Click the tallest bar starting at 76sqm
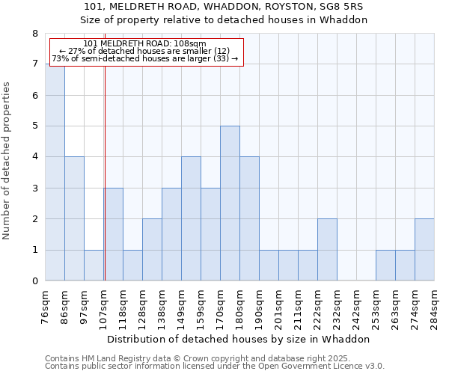pyautogui.click(x=55, y=172)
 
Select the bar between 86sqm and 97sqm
pyautogui.click(x=74, y=218)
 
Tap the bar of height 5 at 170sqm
pyautogui.click(x=230, y=203)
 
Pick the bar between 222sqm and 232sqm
pyautogui.click(x=327, y=250)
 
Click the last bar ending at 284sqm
pyautogui.click(x=424, y=250)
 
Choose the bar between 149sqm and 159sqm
pyautogui.click(x=191, y=218)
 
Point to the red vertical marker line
pyautogui.click(x=105, y=187)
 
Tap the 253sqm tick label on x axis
pyautogui.click(x=386, y=307)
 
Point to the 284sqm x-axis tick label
pyautogui.click(x=434, y=307)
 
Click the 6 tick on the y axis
pyautogui.click(x=34, y=95)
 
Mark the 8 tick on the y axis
pyautogui.click(x=34, y=34)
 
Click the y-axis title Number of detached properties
pyautogui.click(x=7, y=161)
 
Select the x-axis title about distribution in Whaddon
pyautogui.click(x=239, y=339)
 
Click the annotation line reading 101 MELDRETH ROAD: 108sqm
pyautogui.click(x=144, y=43)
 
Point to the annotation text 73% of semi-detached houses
pyautogui.click(x=144, y=58)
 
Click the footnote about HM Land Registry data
pyautogui.click(x=198, y=358)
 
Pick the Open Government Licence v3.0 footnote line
pyautogui.click(x=214, y=367)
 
